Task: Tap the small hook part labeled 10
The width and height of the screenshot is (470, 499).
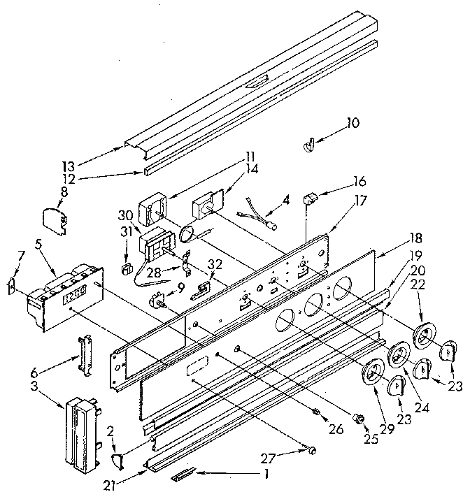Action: tap(306, 145)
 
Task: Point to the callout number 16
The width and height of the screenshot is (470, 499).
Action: tap(359, 179)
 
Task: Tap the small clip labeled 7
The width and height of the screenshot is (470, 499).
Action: tap(12, 286)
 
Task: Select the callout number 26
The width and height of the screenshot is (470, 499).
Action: tap(336, 429)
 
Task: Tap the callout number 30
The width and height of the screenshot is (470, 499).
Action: tap(124, 216)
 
